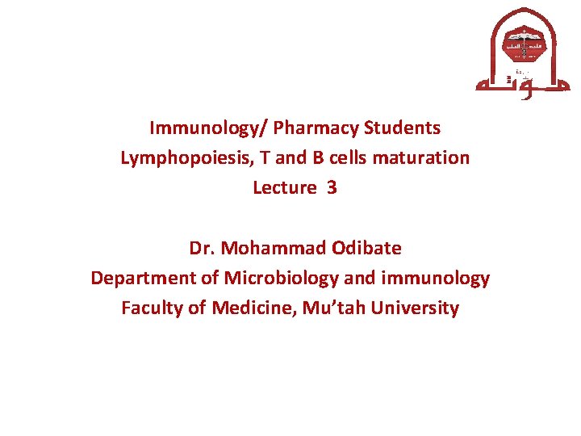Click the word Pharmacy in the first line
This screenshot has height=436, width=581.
[316, 128]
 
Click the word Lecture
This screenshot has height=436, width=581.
[284, 188]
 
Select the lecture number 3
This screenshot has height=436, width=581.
[332, 188]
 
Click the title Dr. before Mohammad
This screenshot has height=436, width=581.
[201, 248]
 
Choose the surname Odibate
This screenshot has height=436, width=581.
[362, 248]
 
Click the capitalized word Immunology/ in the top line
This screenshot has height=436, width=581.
[208, 128]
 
